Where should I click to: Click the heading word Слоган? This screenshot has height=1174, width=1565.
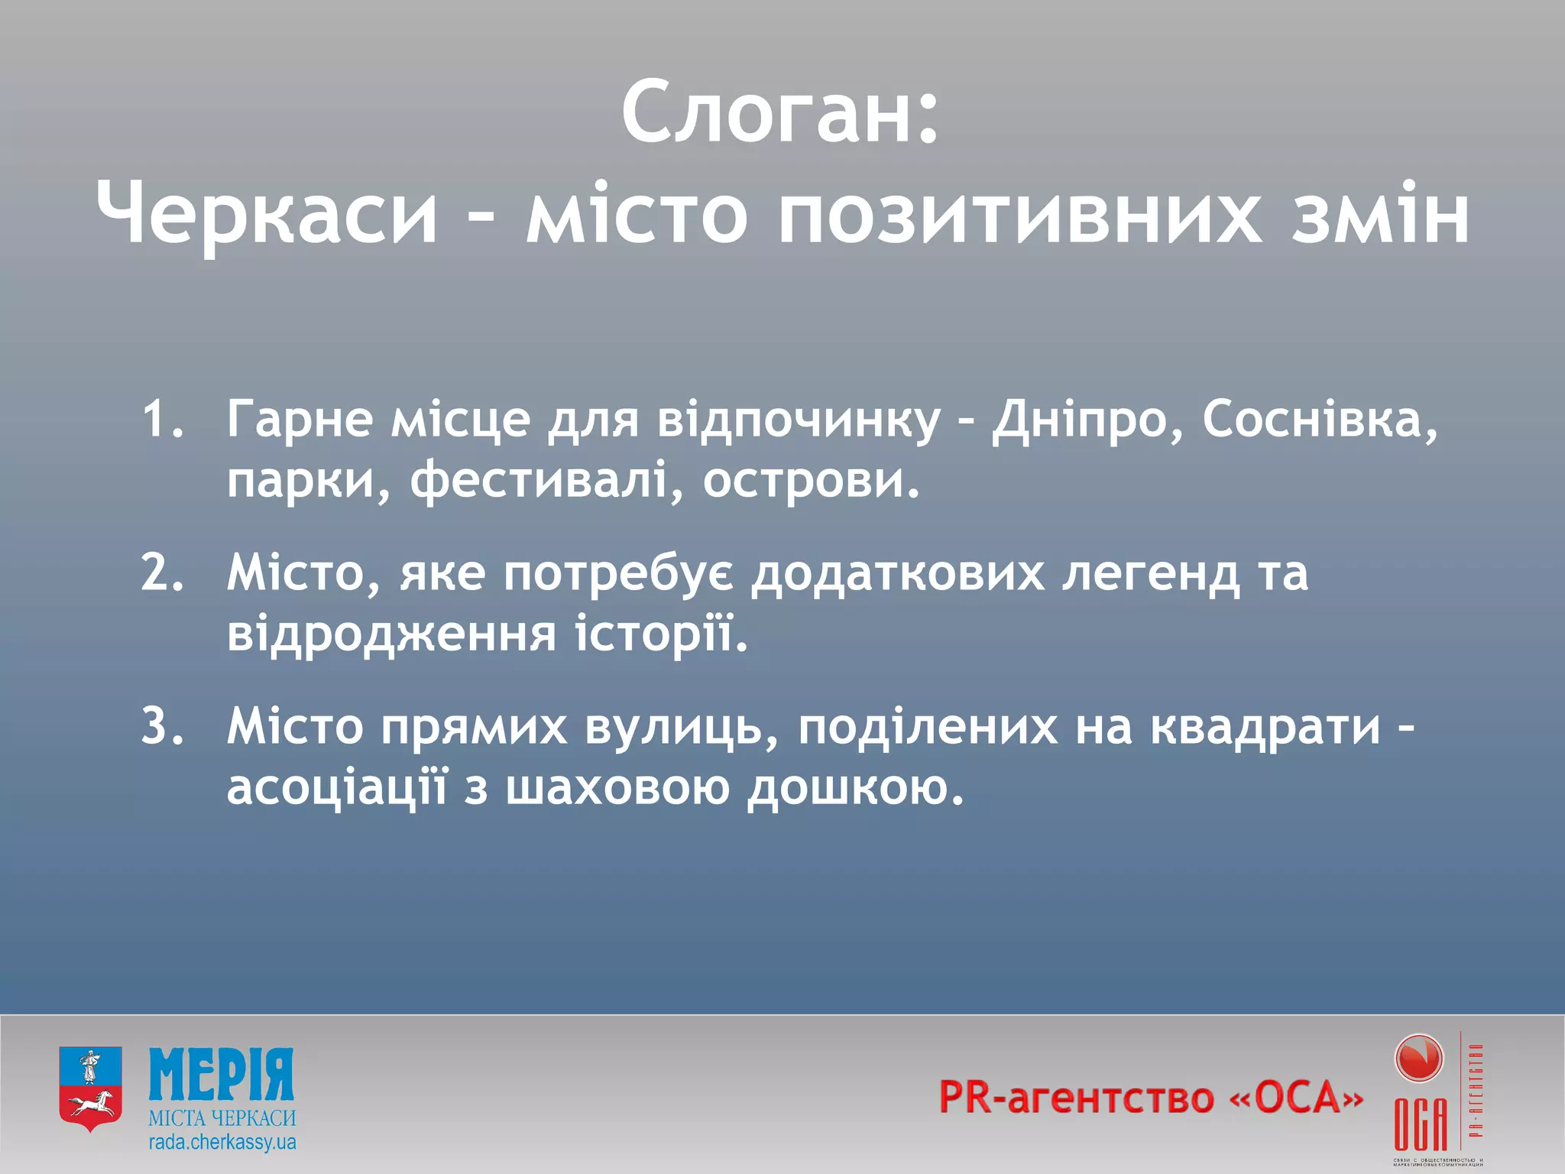point(780,113)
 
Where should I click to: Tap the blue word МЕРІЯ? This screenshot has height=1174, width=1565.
point(222,1075)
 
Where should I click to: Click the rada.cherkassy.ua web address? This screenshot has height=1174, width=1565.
point(222,1143)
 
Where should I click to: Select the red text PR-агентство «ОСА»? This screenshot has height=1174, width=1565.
point(1151,1098)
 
